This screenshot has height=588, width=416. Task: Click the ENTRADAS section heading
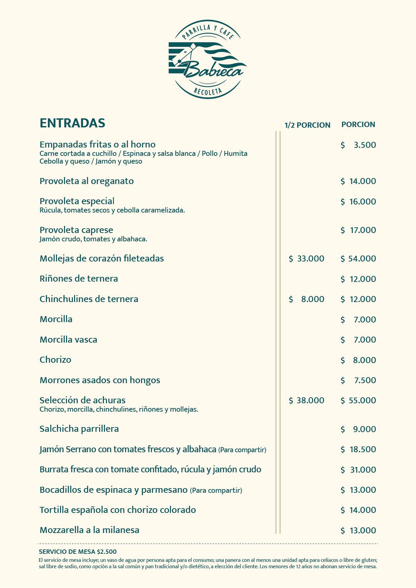point(72,123)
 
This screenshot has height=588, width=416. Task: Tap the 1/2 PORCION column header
point(307,125)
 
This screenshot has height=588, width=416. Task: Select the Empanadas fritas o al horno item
point(98,144)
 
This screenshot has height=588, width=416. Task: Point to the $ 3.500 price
point(358,145)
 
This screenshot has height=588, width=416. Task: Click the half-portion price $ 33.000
point(306,258)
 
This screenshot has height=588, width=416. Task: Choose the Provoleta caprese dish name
point(76,230)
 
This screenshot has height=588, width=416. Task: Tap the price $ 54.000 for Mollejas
point(358,258)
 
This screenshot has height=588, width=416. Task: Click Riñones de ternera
point(79,279)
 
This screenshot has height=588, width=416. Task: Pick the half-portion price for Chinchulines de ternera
point(306,299)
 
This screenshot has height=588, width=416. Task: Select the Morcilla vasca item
point(68,340)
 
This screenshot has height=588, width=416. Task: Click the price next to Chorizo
point(358,360)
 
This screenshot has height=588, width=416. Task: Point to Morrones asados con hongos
point(100,380)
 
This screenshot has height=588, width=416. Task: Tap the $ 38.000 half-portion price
point(306,400)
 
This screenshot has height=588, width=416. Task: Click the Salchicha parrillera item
point(79,429)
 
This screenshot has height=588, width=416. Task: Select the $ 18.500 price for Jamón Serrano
point(358,449)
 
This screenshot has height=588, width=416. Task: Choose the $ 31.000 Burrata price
point(358,470)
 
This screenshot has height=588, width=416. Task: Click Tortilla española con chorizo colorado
point(118,510)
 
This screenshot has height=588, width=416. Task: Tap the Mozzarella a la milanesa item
point(90,530)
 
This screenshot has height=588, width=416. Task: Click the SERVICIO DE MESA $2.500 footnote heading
point(78,551)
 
